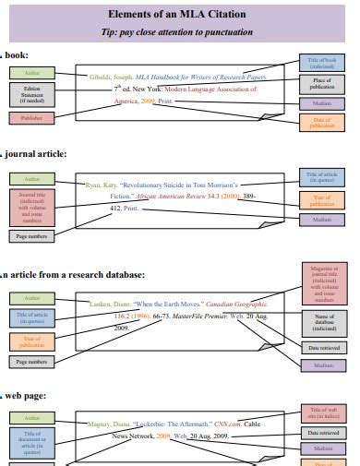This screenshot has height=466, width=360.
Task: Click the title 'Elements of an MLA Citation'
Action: tap(179, 15)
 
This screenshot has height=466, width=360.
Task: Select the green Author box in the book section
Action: tap(31, 71)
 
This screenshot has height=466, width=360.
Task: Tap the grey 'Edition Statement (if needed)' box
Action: tap(31, 94)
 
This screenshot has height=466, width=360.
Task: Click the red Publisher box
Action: tap(31, 118)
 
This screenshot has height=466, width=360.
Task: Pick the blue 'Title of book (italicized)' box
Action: tap(322, 63)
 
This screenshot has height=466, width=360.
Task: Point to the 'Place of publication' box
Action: tap(322, 84)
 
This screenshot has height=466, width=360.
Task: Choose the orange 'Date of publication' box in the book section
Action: tap(322, 123)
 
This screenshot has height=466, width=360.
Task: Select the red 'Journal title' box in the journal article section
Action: tap(31, 209)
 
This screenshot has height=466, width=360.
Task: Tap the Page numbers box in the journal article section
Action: tap(31, 236)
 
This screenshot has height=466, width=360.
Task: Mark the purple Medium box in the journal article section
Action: tap(322, 220)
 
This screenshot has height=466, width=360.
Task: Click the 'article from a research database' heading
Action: tap(74, 275)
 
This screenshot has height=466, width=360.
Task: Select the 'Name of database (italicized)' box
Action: tap(322, 322)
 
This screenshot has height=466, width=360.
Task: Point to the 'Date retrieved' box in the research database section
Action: tap(322, 347)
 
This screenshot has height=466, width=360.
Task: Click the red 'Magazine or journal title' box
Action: tap(322, 283)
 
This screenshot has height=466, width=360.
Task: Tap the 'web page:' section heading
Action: tap(28, 396)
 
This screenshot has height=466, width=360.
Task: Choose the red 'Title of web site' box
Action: tap(322, 412)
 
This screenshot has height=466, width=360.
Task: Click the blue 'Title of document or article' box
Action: tap(31, 443)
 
